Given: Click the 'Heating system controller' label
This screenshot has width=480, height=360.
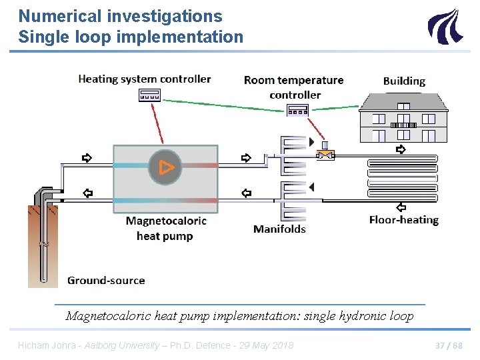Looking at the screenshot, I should [x=144, y=79].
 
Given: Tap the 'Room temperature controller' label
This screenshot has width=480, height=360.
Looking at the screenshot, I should [x=294, y=87].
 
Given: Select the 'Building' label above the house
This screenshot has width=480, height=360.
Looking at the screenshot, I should [x=404, y=81].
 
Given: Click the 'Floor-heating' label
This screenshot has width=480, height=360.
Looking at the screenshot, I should [x=404, y=220].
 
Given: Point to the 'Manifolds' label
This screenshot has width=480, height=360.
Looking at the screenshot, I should [x=279, y=229].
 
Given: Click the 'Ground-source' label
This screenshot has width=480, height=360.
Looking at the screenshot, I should [x=106, y=280].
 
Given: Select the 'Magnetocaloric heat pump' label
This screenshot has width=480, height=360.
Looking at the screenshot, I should [x=165, y=228].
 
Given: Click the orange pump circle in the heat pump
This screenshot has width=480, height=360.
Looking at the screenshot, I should [x=165, y=167].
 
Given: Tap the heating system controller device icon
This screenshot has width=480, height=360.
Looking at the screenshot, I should [x=149, y=95].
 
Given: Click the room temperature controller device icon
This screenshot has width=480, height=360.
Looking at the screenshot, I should [x=297, y=111].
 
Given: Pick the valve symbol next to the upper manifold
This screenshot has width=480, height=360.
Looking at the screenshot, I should [x=325, y=155].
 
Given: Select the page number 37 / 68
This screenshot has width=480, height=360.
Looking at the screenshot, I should [x=448, y=345].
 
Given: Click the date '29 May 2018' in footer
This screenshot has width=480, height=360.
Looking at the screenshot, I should [x=265, y=345].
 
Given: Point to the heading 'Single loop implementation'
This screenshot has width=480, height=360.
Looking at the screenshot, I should [x=131, y=37].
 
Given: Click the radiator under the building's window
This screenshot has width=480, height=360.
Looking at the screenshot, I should [x=403, y=125].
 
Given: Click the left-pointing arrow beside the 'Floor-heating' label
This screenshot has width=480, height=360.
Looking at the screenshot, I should [x=401, y=206].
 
